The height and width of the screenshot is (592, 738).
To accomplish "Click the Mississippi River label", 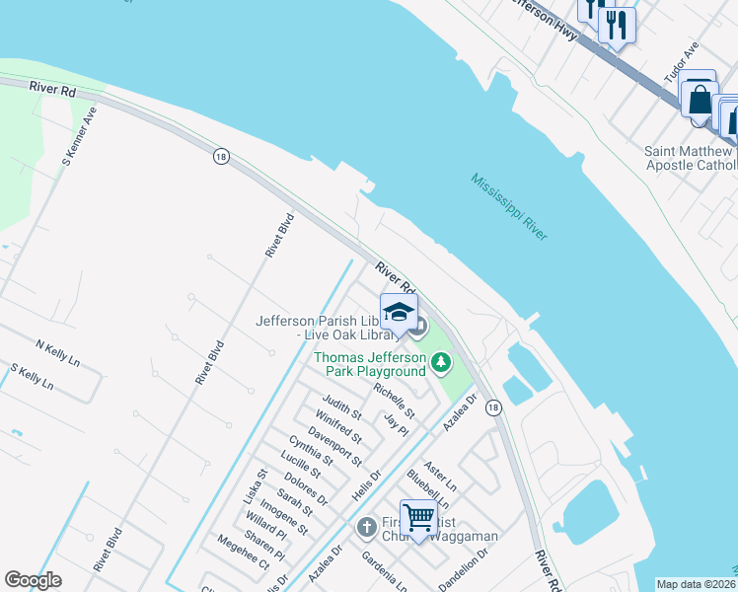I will click(509, 207).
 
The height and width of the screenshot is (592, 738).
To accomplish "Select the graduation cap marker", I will click(399, 312).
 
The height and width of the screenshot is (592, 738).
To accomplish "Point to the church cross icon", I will click(365, 527).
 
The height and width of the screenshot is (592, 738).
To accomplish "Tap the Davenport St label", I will click(334, 446).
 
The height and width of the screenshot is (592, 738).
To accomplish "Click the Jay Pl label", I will click(397, 425).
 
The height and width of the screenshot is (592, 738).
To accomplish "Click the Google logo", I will click(33, 580).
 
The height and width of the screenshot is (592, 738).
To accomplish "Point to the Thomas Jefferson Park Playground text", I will click(371, 364).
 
